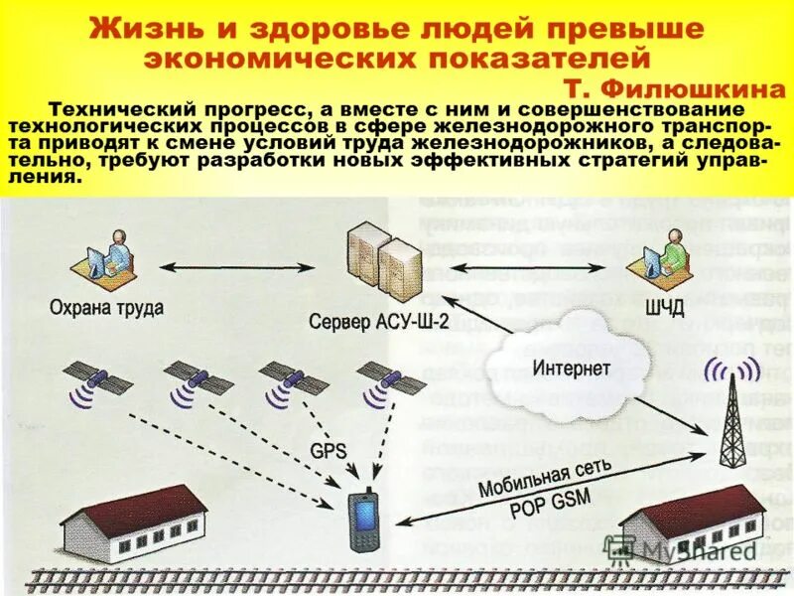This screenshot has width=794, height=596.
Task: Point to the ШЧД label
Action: (664, 309)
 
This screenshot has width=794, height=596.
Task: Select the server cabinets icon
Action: (381, 260)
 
